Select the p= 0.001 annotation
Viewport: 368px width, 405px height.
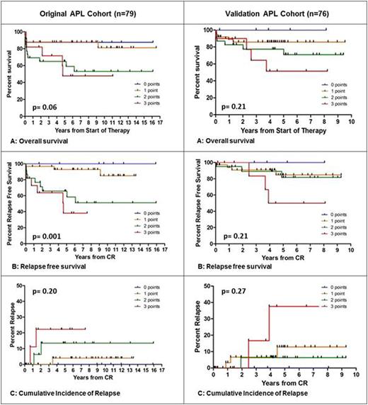click(x=45, y=231)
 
